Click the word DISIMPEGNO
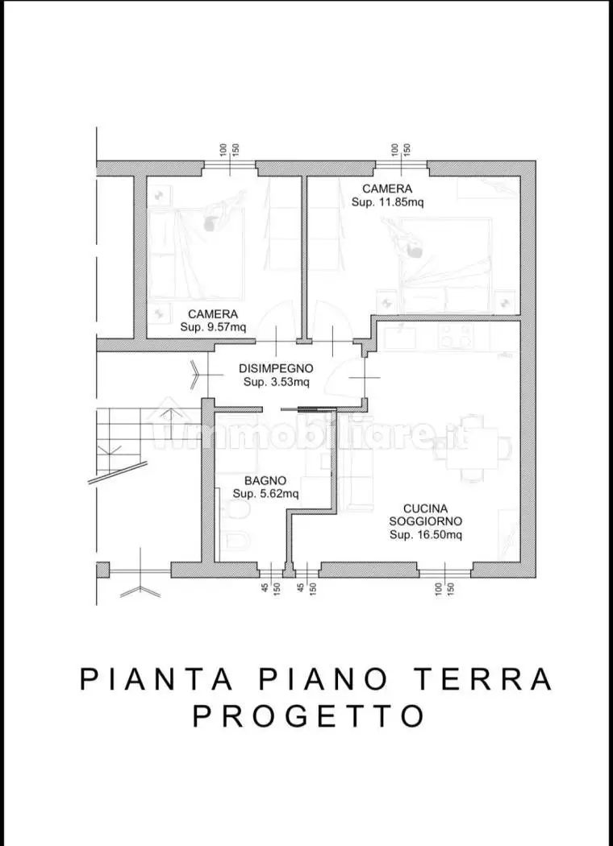pos(277,368)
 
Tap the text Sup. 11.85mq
pos(387,202)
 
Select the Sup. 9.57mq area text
pos(213,327)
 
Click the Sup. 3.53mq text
pos(277,381)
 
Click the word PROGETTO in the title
pos(308,715)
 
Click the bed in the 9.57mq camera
pos(196,254)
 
